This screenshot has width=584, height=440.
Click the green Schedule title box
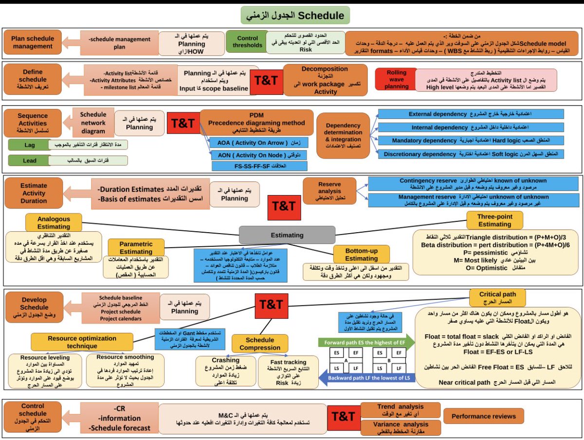[x=295, y=16]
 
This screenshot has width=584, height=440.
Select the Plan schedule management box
[x=33, y=43]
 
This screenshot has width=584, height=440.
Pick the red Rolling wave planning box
[x=396, y=79]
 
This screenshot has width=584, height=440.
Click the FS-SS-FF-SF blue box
[x=259, y=166]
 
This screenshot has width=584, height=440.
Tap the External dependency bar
[x=471, y=114]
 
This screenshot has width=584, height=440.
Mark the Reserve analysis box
[x=329, y=191]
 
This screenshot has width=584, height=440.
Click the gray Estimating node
[x=287, y=235]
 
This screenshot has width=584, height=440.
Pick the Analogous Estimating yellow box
[x=54, y=223]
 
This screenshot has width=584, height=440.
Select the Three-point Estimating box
[x=494, y=220]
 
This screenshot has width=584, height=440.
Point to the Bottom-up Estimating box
[x=362, y=255]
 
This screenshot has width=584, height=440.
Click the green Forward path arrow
[x=367, y=343]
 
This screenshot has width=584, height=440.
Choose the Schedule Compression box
[x=260, y=344]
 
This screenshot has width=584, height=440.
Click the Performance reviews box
[x=483, y=416]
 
